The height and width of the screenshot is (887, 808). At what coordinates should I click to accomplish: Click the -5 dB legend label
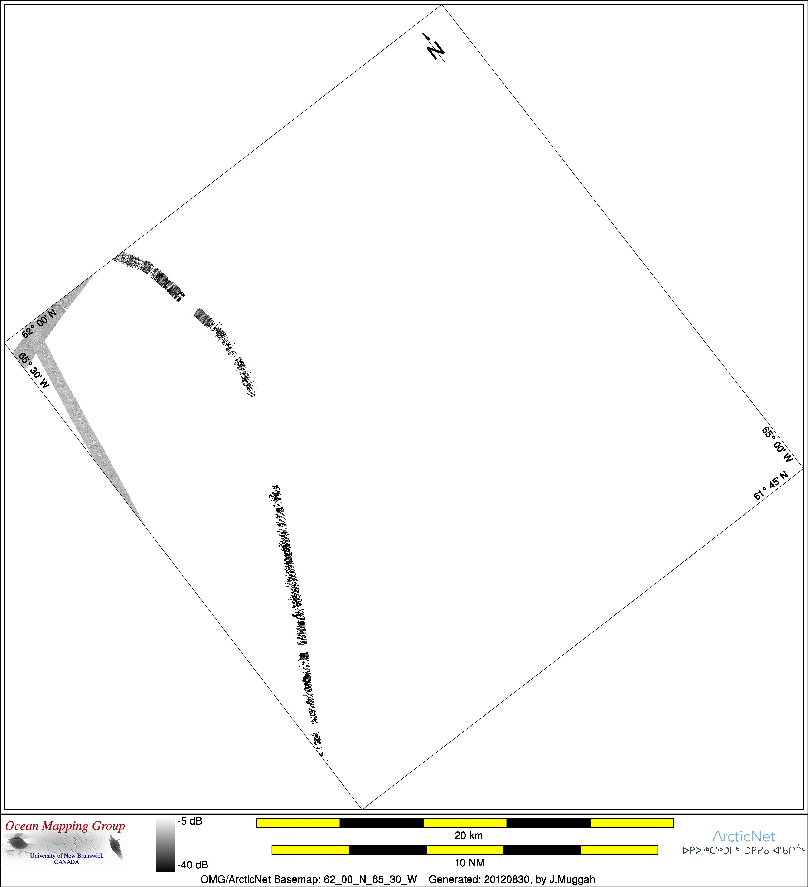[190, 821]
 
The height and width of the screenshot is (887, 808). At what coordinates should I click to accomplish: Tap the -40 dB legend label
[192, 865]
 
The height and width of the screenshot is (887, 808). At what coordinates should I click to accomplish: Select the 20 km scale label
[468, 835]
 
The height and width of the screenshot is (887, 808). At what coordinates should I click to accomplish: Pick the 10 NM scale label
[469, 863]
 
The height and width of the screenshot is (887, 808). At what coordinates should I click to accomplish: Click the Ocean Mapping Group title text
[65, 826]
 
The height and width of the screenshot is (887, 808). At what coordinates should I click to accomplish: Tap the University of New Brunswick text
[67, 856]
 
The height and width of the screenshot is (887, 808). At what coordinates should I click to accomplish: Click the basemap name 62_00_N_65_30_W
[370, 879]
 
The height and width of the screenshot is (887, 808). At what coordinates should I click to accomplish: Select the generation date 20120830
[507, 879]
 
